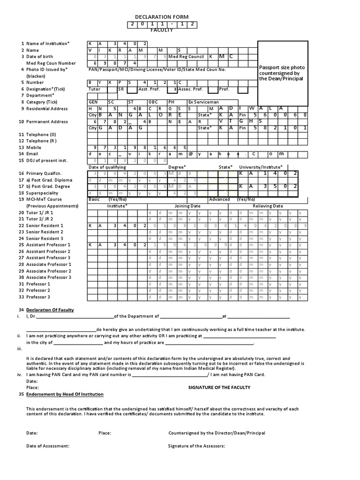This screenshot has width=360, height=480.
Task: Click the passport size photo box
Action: click(283, 73)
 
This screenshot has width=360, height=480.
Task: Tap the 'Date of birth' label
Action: click(40, 57)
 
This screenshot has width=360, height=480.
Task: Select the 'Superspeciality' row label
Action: click(43, 193)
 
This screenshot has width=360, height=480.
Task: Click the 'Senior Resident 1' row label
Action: click(45, 225)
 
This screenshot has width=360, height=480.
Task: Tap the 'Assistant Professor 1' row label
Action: click(48, 245)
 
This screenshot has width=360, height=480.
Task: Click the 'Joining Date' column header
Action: click(187, 206)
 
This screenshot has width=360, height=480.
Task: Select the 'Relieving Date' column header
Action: click(268, 206)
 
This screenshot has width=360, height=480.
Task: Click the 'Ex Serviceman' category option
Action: click(203, 102)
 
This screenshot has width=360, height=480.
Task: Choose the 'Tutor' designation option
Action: click(95, 89)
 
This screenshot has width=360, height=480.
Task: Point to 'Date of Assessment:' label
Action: click(48, 446)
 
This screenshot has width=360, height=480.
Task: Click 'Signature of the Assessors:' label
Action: click(196, 446)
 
